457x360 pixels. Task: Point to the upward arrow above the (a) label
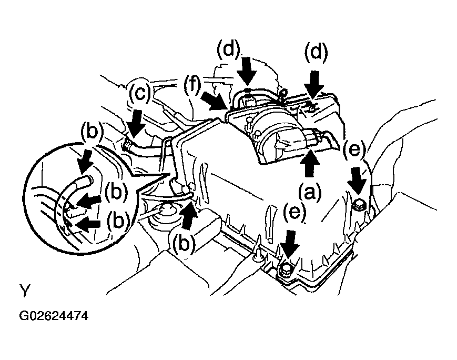pyautogui.click(x=310, y=164)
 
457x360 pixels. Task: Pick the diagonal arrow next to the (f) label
pyautogui.click(x=214, y=102)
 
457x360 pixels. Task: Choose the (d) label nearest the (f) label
pyautogui.click(x=228, y=50)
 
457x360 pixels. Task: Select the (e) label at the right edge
pyautogui.click(x=354, y=150)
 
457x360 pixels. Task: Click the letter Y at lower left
pyautogui.click(x=25, y=291)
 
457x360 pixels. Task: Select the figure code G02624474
pyautogui.click(x=53, y=316)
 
